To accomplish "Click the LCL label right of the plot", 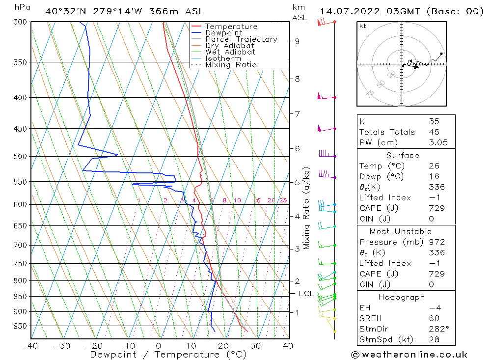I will tap(306, 294).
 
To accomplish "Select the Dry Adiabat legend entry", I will tap(230, 46).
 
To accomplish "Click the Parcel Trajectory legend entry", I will tap(241, 39).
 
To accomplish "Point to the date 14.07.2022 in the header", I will tap(350, 11).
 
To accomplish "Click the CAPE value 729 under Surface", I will tap(436, 208).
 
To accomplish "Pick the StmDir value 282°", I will tap(436, 329).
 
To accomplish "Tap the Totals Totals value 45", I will tap(434, 132).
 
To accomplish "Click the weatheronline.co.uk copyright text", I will tap(409, 355).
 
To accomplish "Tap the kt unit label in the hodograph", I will tap(363, 26).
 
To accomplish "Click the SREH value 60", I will tap(434, 319).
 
